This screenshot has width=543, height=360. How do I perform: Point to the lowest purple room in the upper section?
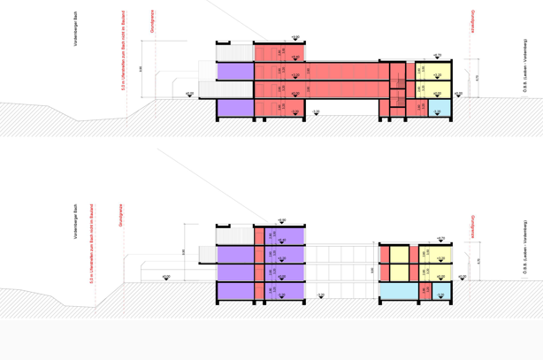pyautogui.click(x=234, y=107)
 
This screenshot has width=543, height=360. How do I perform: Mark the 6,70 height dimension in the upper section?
pyautogui.click(x=478, y=78)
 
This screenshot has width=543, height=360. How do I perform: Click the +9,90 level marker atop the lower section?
pyautogui.click(x=281, y=220)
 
